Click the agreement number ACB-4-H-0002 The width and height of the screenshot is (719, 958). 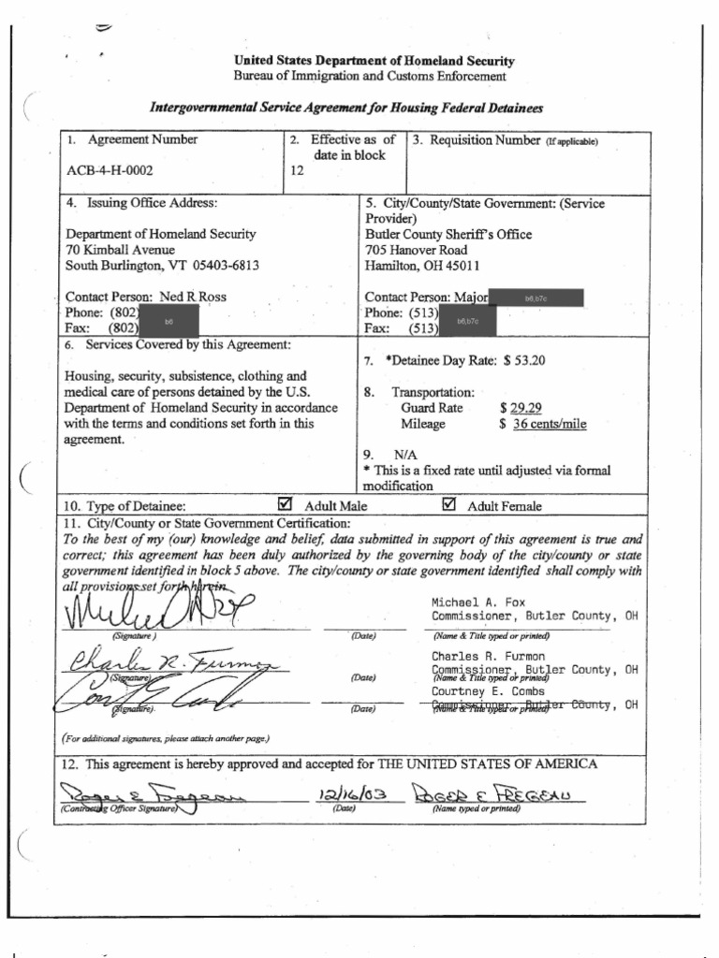click(110, 171)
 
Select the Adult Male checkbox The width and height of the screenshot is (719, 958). click(286, 505)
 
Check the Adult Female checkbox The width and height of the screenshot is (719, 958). click(448, 505)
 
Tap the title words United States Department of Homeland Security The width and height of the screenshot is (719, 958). click(374, 62)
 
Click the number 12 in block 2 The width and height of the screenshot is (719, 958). click(298, 171)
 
